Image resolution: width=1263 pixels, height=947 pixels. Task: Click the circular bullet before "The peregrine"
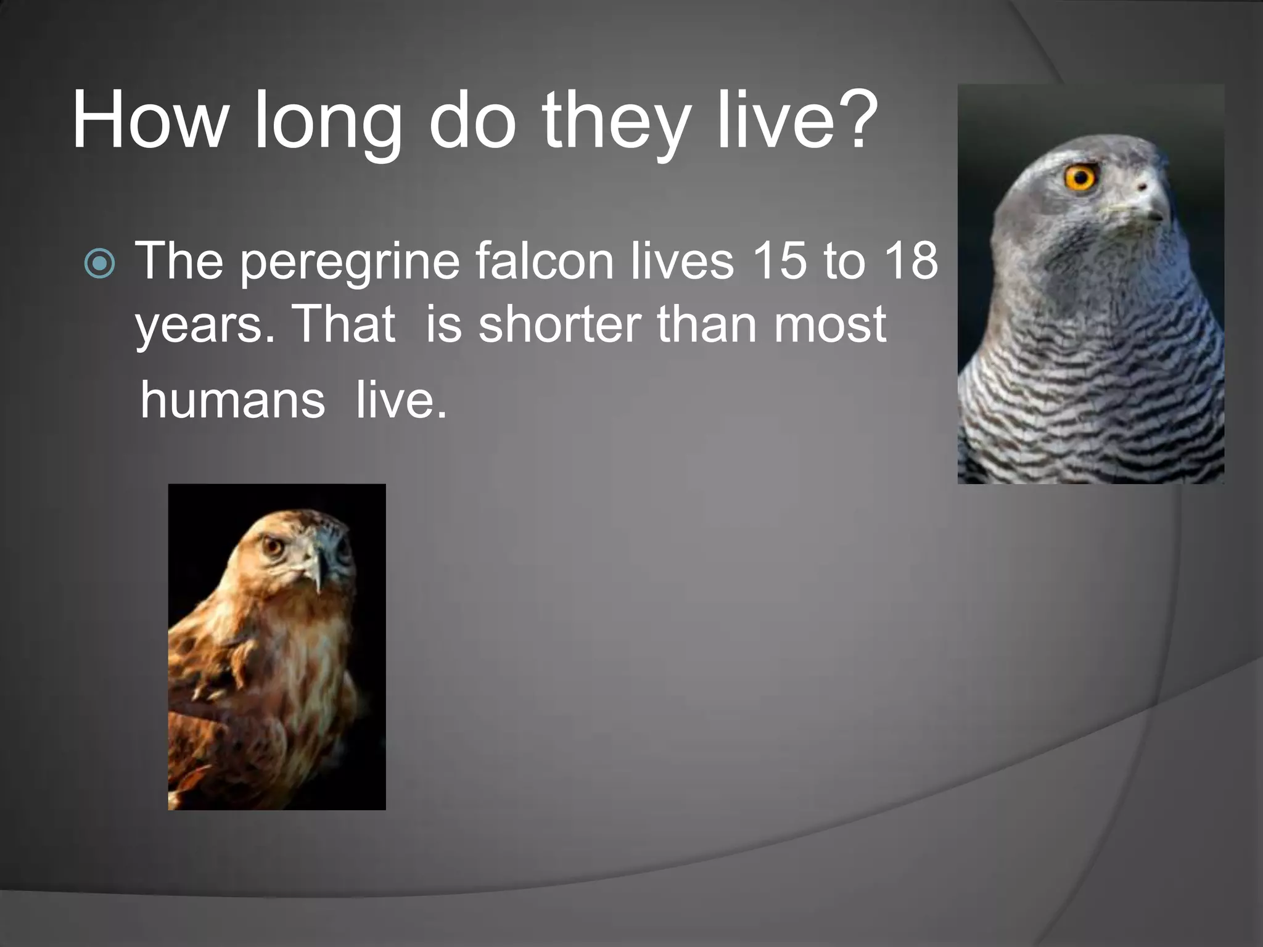pyautogui.click(x=99, y=263)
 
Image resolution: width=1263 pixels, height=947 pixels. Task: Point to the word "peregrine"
pyautogui.click(x=350, y=264)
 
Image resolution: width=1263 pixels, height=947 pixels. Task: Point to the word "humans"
pyautogui.click(x=232, y=400)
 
